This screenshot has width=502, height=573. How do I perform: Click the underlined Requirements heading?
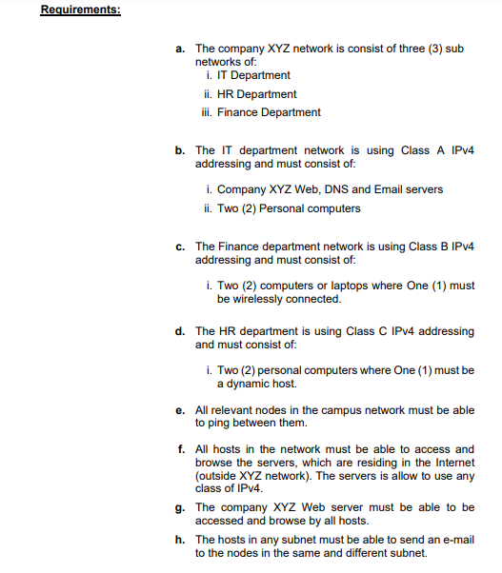point(80,10)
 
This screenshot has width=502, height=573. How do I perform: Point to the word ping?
point(208,423)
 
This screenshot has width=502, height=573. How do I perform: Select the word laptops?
point(333,286)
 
